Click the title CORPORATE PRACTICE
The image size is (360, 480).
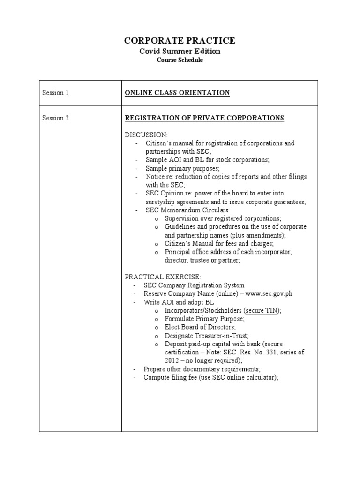180,41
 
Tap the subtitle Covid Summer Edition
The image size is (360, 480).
180,51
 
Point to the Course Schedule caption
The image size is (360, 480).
180,60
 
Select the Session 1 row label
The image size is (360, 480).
55,93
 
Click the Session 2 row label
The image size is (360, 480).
55,118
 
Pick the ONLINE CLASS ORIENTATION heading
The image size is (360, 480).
177,93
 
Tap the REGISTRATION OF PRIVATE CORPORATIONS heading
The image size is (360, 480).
204,118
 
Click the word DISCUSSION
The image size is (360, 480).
146,135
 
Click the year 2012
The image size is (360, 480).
172,360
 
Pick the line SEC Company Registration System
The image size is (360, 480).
194,285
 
